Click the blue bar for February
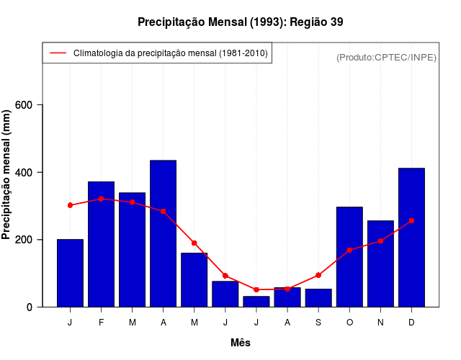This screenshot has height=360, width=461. point(101,244)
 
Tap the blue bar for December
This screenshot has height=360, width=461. point(411,238)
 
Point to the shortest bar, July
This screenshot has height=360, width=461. point(256,302)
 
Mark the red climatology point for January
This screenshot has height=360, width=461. point(70,205)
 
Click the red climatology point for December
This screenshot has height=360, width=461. point(411,220)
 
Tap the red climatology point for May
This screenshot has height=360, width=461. point(194,243)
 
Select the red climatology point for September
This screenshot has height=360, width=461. point(318,275)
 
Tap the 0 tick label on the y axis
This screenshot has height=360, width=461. point(30,307)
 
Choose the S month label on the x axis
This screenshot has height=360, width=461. point(318,323)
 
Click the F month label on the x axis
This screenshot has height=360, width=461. point(101,323)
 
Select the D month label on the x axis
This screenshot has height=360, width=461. point(411,323)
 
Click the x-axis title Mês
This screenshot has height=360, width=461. point(241,343)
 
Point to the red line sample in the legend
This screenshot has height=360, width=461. point(58,53)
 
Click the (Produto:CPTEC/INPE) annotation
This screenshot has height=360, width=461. point(386,57)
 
